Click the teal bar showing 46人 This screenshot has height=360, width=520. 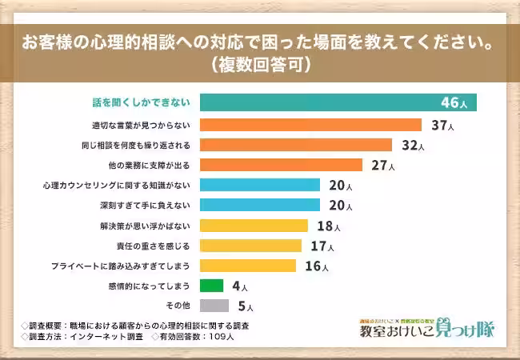(338, 102)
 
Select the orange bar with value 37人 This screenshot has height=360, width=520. (310, 125)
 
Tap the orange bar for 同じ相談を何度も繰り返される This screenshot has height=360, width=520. (295, 145)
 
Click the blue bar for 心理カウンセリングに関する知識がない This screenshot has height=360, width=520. (259, 185)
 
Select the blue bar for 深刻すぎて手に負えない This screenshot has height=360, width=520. (259, 205)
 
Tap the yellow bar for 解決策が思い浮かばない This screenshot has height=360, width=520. (254, 225)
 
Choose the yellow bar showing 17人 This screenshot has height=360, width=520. (250, 245)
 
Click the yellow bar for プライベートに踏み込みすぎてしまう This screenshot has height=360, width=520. (247, 265)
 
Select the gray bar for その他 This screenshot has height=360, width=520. (214, 305)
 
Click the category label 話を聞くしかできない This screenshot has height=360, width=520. (138, 103)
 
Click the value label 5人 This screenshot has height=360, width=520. (246, 306)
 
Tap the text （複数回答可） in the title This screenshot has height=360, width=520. (259, 63)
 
